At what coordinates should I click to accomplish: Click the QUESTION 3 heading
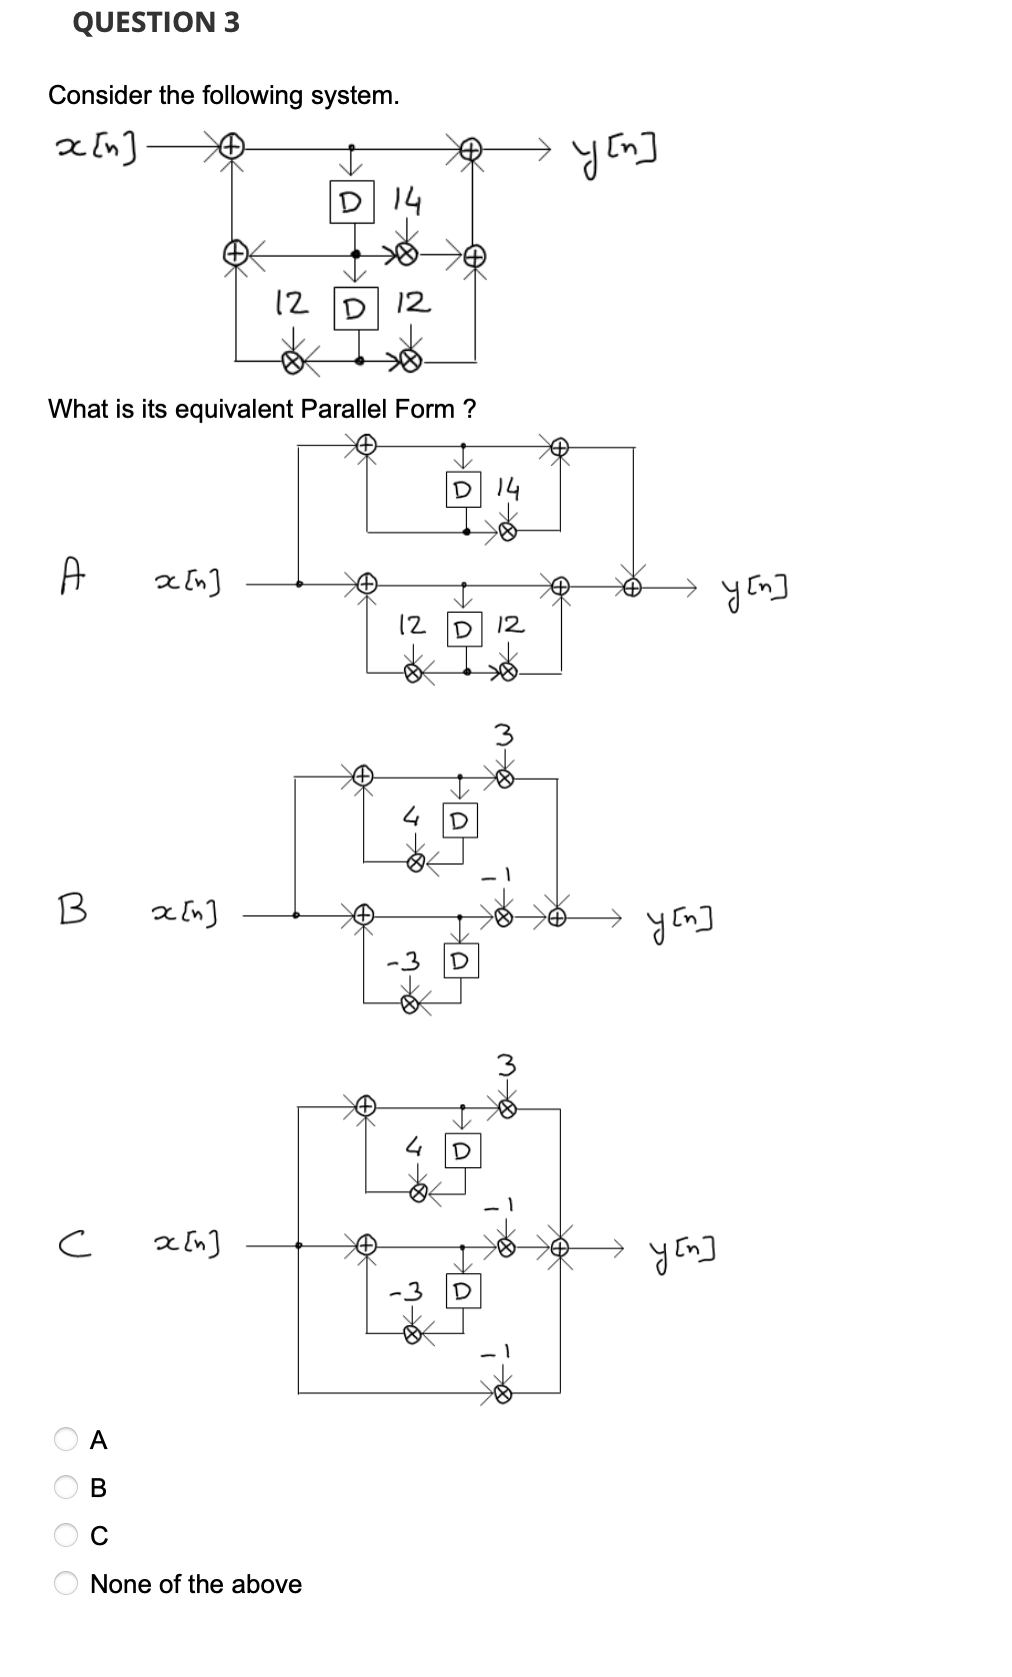[156, 22]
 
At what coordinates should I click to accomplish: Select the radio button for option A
[66, 1440]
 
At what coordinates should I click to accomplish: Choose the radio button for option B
[66, 1488]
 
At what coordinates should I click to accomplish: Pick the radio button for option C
[66, 1536]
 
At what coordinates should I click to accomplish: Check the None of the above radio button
[66, 1584]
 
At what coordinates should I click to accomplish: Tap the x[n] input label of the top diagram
[98, 149]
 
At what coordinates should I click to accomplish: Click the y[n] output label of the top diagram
[616, 151]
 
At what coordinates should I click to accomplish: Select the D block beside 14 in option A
[461, 491]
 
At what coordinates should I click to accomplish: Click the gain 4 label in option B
[410, 818]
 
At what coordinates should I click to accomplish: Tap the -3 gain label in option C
[404, 1292]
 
